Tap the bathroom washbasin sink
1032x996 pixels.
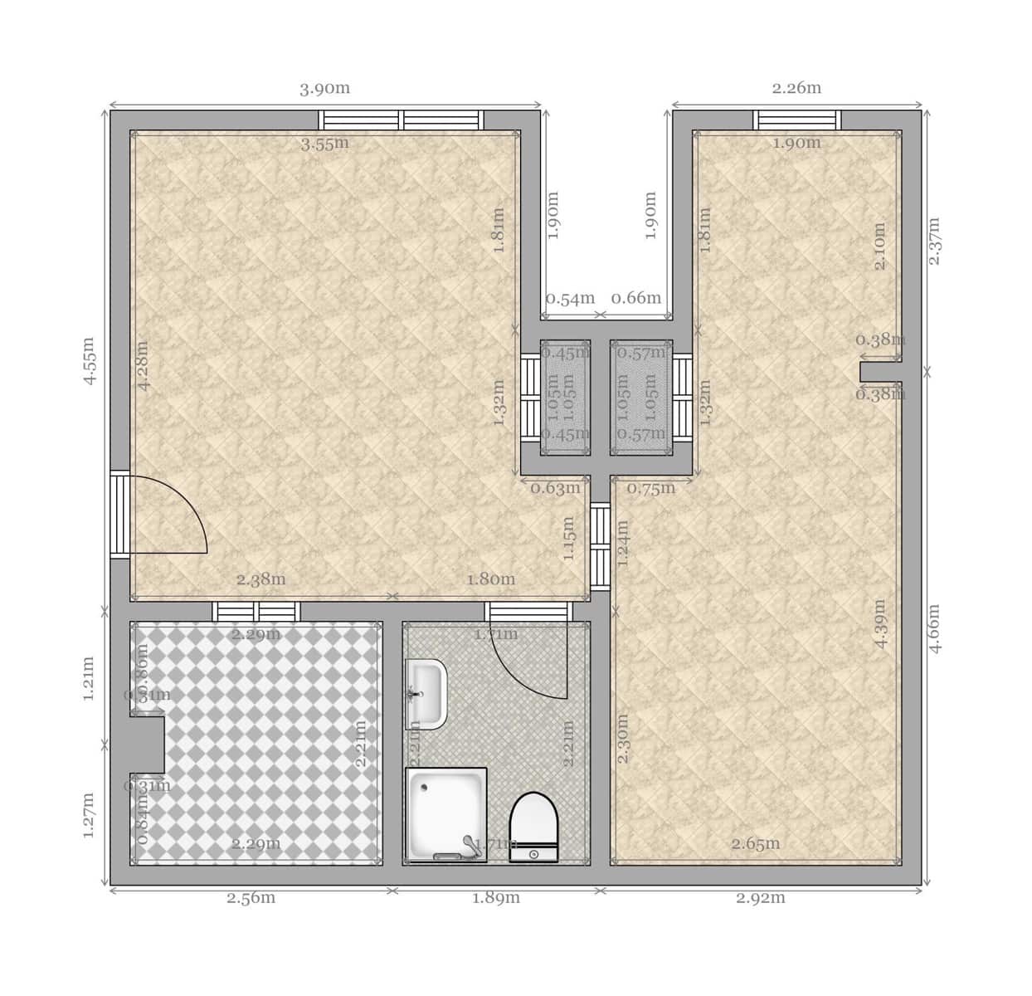[x=426, y=694]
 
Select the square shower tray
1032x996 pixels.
[x=445, y=811]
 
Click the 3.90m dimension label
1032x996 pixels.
[x=324, y=89]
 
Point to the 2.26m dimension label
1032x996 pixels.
[x=796, y=88]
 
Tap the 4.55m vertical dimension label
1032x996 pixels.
[x=90, y=360]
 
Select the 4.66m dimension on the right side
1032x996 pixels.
[x=934, y=627]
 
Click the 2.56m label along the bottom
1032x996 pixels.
[x=251, y=898]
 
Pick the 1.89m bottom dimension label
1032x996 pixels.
[x=495, y=898]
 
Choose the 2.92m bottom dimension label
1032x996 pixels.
[x=760, y=898]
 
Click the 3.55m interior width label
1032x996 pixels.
[x=324, y=144]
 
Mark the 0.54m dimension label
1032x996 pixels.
[x=570, y=298]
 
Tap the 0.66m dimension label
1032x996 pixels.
[x=636, y=298]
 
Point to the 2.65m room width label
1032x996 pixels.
[x=755, y=844]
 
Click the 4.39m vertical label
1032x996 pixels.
[x=880, y=623]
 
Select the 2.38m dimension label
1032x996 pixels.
[x=260, y=579]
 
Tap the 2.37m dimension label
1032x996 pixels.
[x=934, y=241]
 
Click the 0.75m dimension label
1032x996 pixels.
[x=651, y=488]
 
